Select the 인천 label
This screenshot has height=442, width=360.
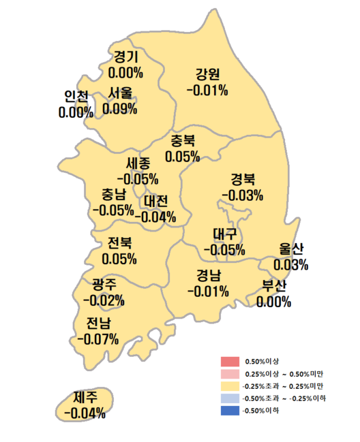[76, 96]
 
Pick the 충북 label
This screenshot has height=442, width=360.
[183, 141]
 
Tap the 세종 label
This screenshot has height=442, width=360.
[142, 163]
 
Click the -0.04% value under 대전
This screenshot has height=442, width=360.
[155, 217]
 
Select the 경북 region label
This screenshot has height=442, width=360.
[242, 179]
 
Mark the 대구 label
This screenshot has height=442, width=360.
[224, 234]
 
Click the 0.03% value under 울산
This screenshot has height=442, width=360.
[291, 264]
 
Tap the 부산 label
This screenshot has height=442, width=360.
[275, 285]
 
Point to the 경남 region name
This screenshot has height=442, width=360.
[209, 276]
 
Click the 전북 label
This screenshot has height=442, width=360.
[119, 243]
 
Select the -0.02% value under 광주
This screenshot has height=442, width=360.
[103, 300]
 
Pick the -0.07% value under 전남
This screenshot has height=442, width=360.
[98, 338]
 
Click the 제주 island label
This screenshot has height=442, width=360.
[85, 397]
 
